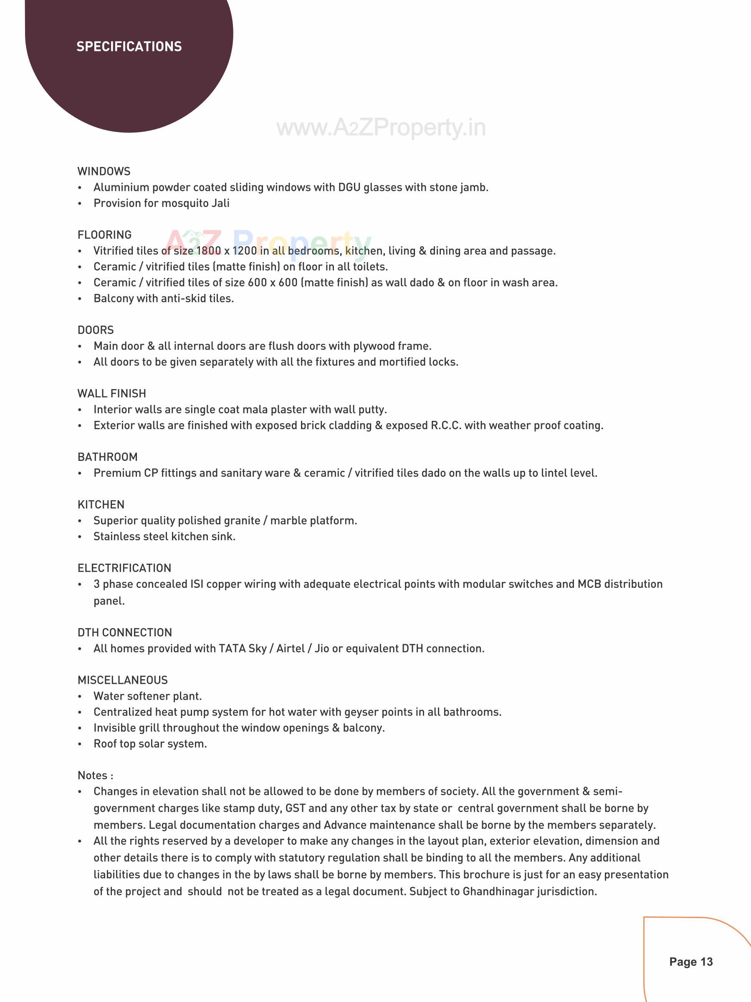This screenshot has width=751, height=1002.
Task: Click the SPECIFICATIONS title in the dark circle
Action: [x=129, y=47]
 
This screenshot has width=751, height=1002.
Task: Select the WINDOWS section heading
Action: [x=104, y=171]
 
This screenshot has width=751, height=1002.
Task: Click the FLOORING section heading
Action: [x=105, y=235]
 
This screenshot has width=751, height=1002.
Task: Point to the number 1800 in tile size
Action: [x=209, y=251]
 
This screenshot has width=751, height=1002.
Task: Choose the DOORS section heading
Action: [x=96, y=330]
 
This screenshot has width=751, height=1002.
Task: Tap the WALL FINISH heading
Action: [x=112, y=393]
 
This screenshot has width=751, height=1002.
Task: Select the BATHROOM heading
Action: [x=107, y=457]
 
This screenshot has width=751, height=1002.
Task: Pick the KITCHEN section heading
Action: [x=101, y=504]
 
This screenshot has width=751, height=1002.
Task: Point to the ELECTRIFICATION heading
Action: [x=124, y=568]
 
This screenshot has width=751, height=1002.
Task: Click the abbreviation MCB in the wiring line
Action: [x=589, y=584]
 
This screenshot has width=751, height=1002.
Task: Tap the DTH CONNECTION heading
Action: [x=124, y=633]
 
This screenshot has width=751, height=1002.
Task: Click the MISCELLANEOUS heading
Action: [x=123, y=680]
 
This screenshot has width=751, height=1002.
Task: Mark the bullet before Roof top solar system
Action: [x=80, y=744]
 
